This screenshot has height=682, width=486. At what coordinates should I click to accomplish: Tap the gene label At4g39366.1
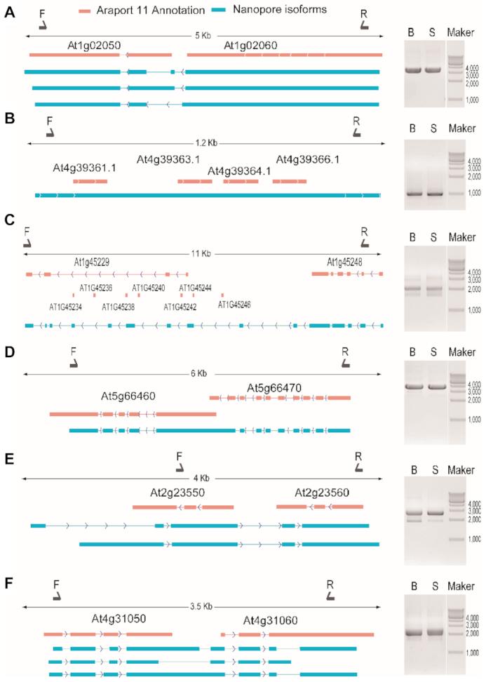pos(308,159)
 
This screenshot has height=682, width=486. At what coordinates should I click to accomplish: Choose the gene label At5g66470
pos(274,388)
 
